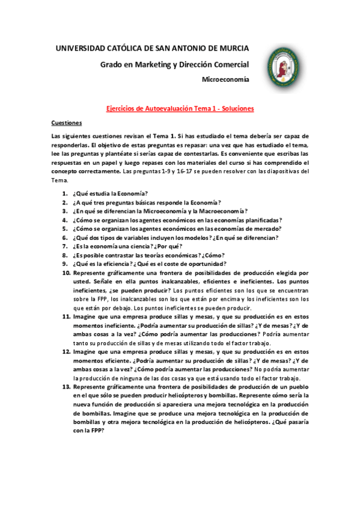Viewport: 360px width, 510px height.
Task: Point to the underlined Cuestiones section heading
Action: pyautogui.click(x=66, y=122)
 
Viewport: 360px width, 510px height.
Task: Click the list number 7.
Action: pyautogui.click(x=65, y=247)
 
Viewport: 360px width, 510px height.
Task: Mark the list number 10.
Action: pyautogui.click(x=66, y=273)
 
